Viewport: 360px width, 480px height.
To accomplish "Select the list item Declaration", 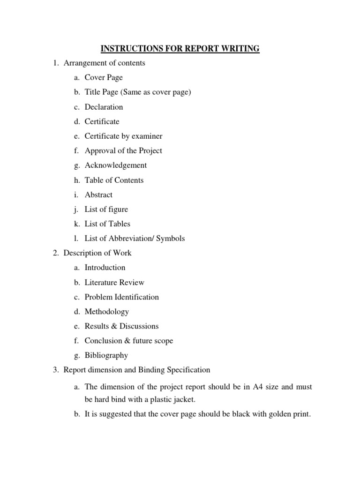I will click(104, 107).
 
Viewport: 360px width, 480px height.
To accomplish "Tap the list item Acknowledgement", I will click(116, 165).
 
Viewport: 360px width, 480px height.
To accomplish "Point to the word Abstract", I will click(98, 195).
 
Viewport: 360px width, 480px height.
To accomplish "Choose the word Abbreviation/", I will click(131, 238).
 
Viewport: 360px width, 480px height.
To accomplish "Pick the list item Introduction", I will click(105, 267).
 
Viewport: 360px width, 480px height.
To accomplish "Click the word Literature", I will click(100, 282).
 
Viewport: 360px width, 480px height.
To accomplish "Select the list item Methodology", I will click(106, 311).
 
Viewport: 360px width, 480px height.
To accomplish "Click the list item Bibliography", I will click(106, 355).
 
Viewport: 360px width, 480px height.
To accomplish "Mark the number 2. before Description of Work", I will click(55, 253).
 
